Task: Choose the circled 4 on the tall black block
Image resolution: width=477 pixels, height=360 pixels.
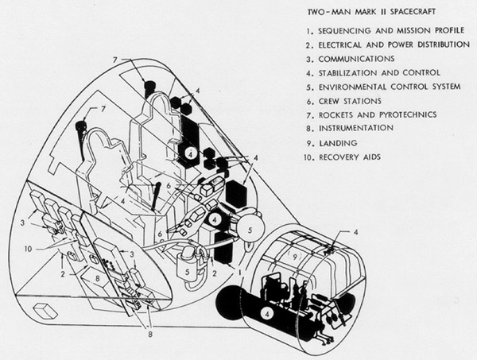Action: tap(190, 151)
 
